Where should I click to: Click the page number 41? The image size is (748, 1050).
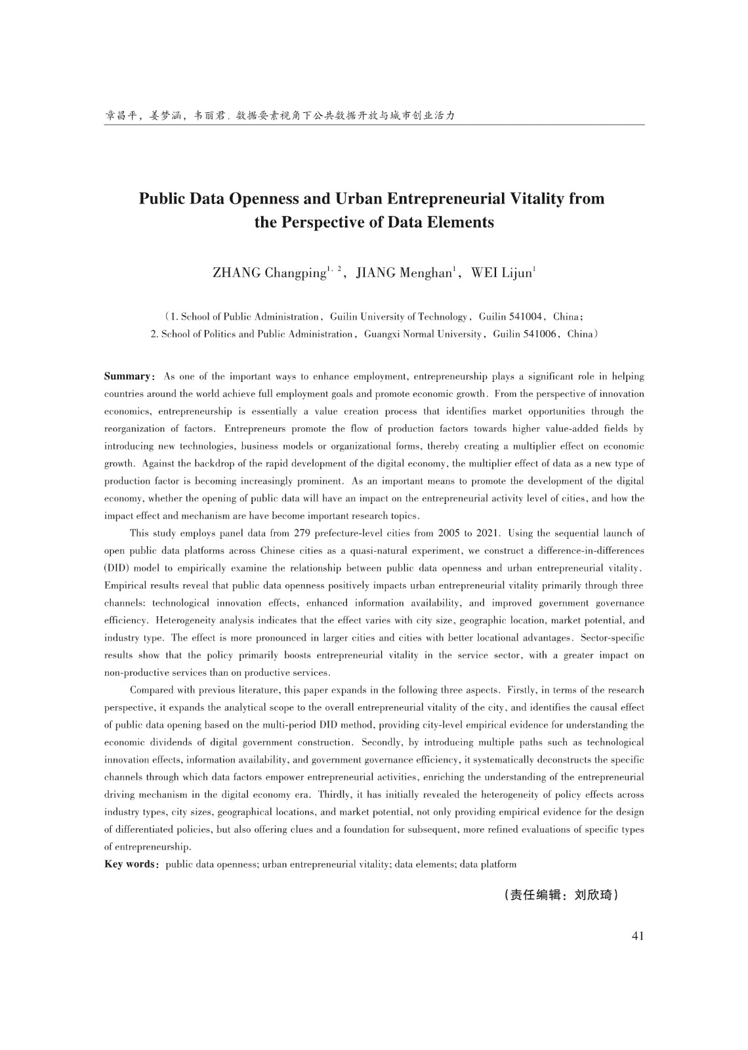click(637, 936)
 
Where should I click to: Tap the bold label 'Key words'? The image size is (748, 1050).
click(129, 864)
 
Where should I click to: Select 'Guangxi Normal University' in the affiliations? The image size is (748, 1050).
click(423, 334)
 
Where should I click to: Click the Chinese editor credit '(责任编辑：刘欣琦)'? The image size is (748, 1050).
click(561, 895)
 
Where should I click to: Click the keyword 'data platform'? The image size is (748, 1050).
click(488, 864)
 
